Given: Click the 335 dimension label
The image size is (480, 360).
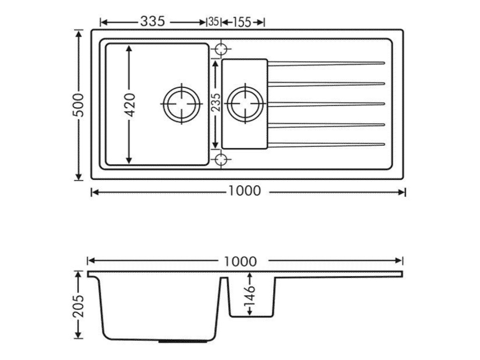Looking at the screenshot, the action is tap(152, 22).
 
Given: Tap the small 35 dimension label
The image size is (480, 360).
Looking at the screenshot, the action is tap(214, 22).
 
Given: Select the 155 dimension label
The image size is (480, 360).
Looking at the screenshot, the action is tap(242, 22).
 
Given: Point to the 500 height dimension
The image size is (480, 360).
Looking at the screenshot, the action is tap(78, 105).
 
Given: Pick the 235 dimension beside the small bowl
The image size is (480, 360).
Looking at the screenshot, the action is tap(216, 102).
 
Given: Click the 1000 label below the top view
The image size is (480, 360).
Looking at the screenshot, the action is tap(244, 191).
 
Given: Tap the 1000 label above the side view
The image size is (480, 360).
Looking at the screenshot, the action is tap(240, 262).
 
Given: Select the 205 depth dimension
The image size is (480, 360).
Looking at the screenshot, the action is tap(78, 306).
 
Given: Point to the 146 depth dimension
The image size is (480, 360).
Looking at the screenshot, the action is tap(250, 296).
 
